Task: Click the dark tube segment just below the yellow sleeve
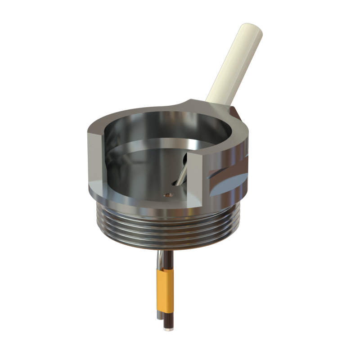(167, 319)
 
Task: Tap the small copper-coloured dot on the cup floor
(168, 195)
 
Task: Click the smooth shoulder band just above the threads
(135, 202)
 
